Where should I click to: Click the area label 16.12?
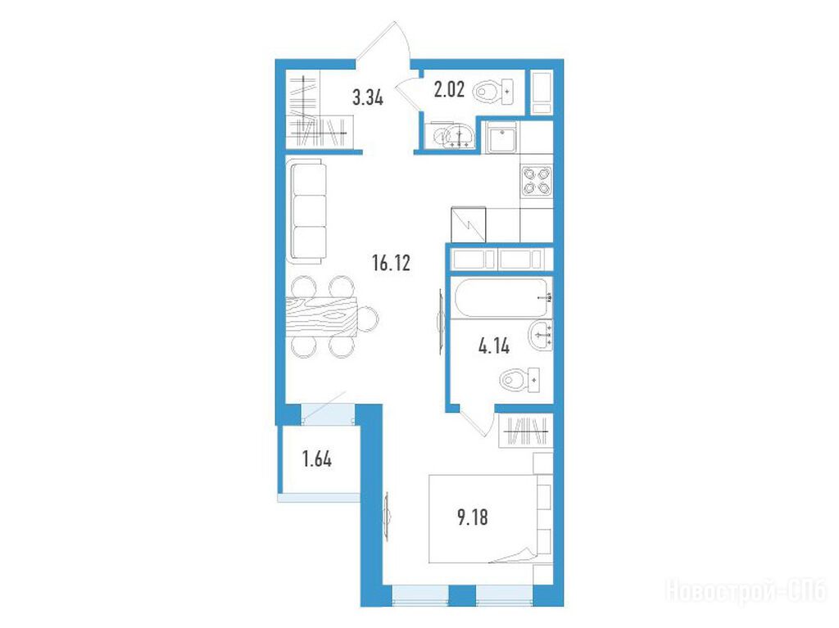pos(391,263)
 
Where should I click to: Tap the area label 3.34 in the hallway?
pos(368,98)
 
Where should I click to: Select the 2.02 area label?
pos(448,89)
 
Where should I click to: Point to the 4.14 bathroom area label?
pos(494,346)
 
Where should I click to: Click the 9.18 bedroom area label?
pos(473,517)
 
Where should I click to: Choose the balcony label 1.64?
pos(317,459)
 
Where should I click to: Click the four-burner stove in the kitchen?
pos(536,181)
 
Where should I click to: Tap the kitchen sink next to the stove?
pos(502,138)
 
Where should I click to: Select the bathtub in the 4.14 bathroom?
pos(501,298)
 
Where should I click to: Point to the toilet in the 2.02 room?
pos(493,92)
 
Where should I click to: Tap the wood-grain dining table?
pos(321,316)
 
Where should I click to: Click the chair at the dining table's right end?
pos(368,319)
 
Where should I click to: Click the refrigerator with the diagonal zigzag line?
pos(468,224)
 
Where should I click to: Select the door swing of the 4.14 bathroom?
pos(478,422)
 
